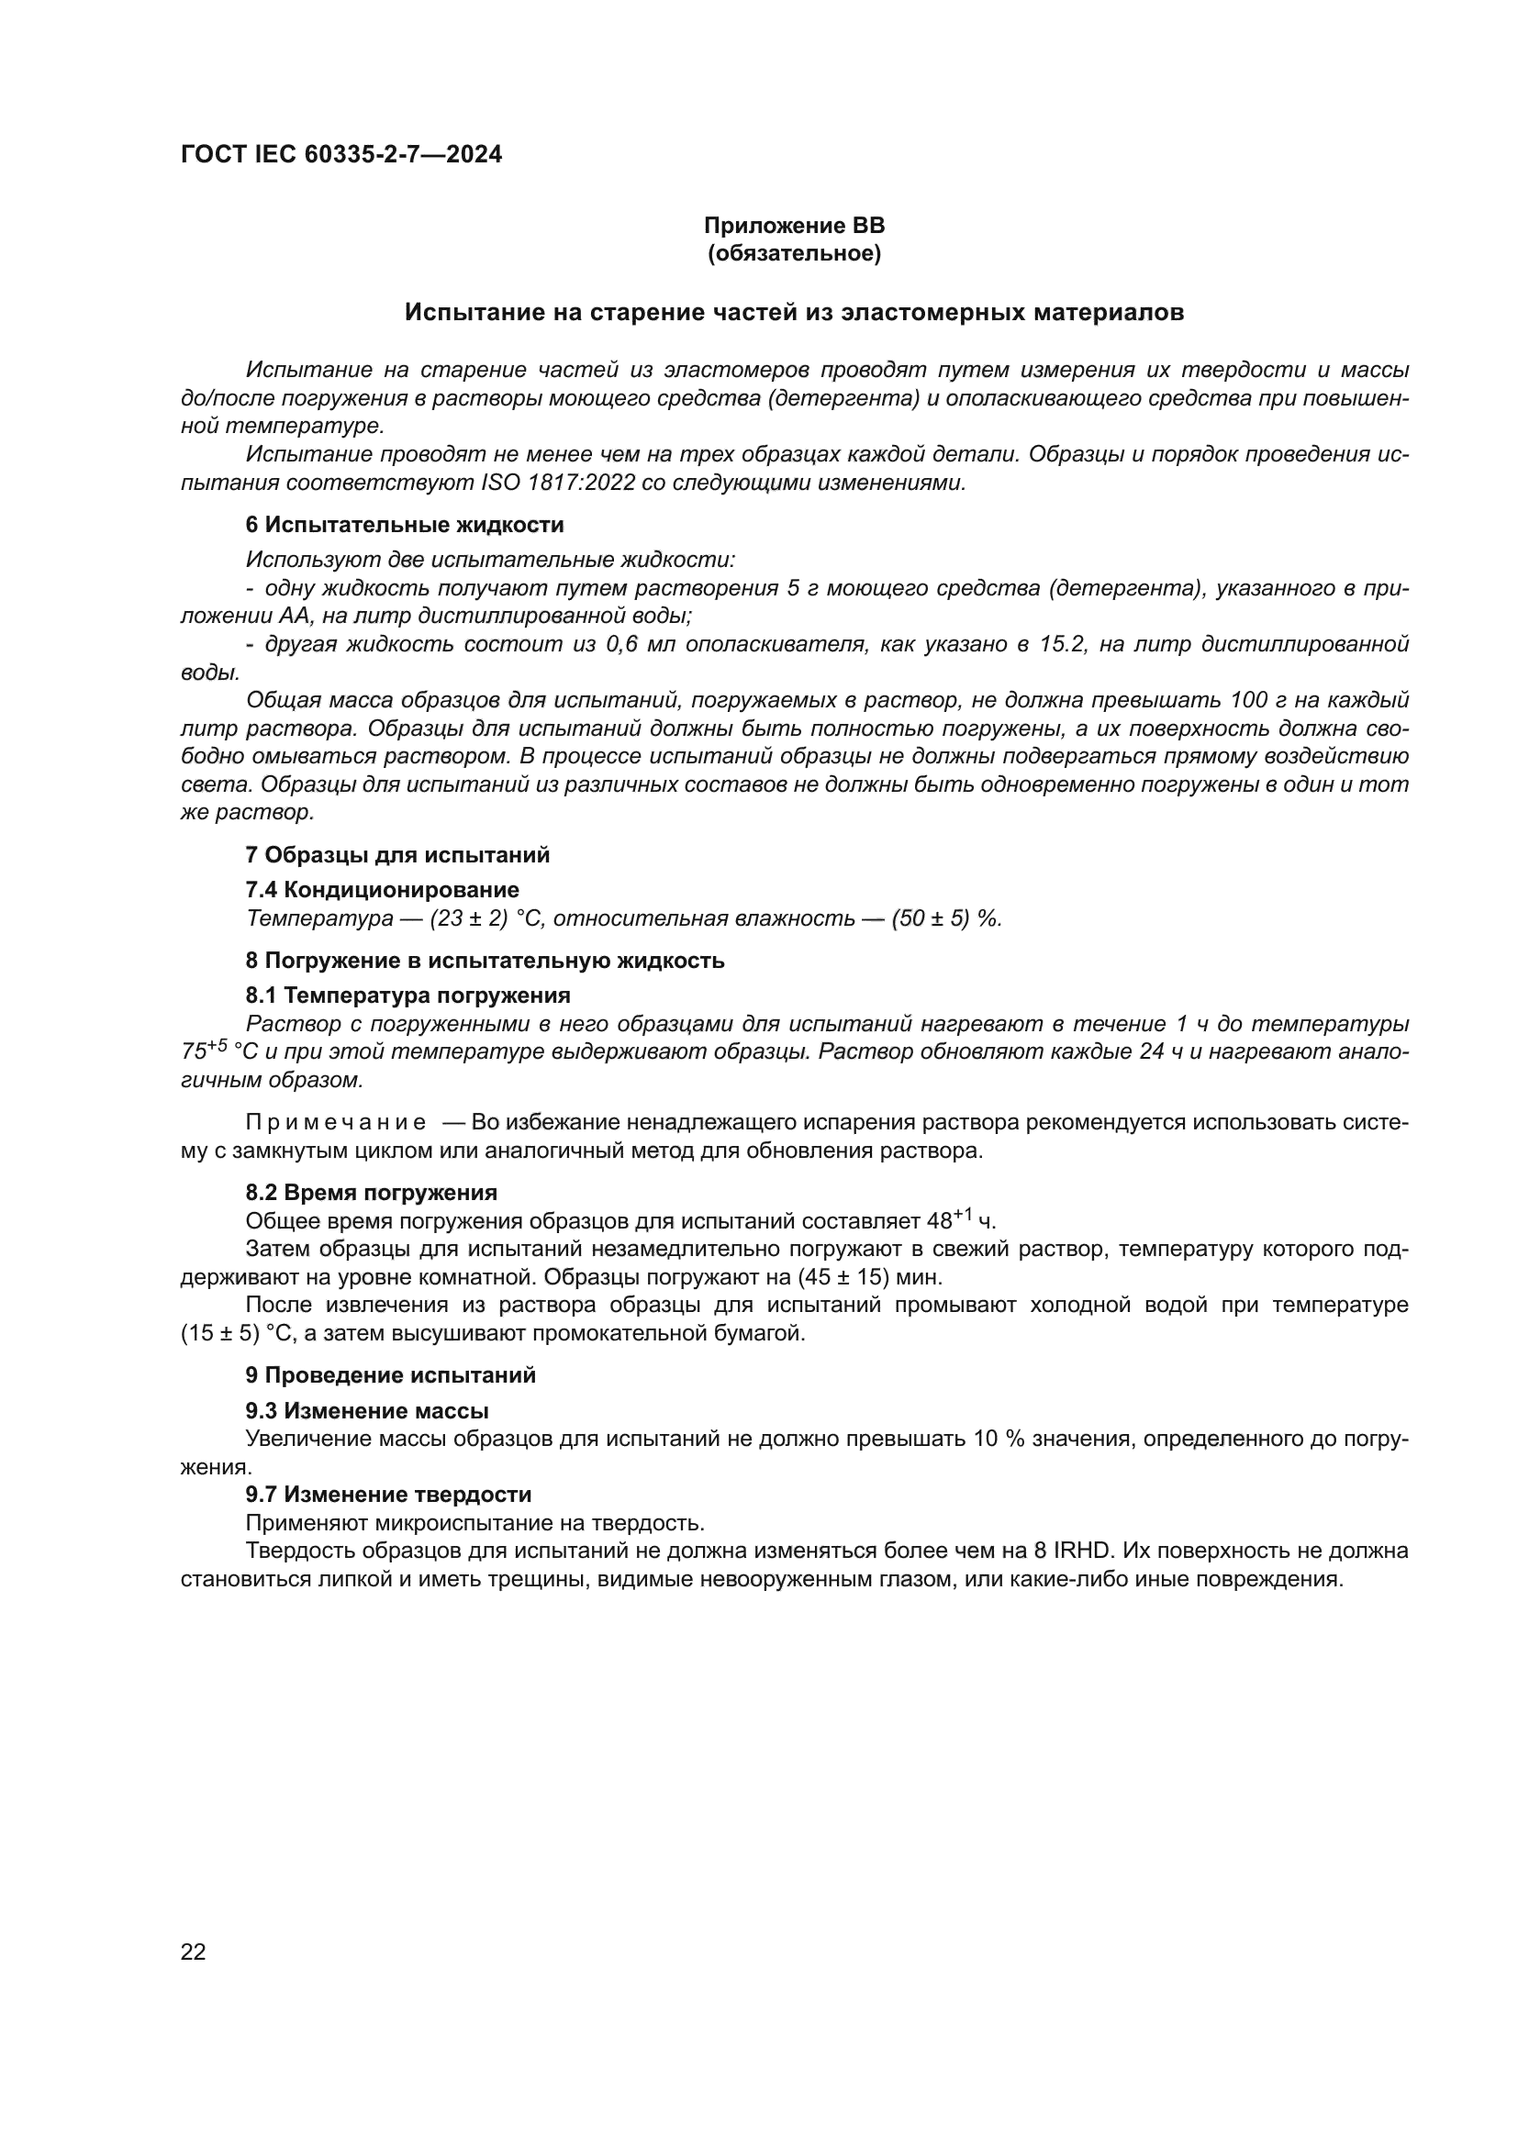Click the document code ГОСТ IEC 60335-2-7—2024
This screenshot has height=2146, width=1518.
click(341, 154)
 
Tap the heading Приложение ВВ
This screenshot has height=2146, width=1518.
click(794, 226)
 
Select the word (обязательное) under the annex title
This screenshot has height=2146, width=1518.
click(794, 253)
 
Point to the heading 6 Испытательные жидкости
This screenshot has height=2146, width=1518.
click(405, 526)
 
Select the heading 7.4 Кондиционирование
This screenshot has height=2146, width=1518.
click(383, 890)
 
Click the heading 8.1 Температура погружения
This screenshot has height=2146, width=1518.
click(407, 995)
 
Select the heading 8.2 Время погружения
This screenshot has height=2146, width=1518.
click(371, 1194)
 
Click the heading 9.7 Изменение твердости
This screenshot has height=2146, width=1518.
click(388, 1496)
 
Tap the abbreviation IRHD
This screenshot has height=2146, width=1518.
click(1083, 1551)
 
